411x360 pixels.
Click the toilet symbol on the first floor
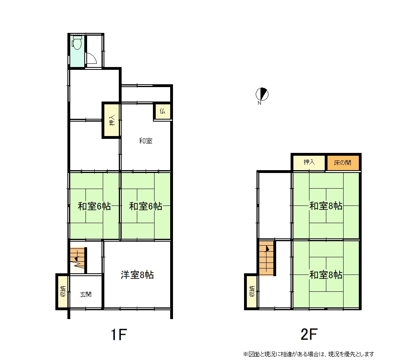click(77, 43)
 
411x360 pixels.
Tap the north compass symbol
click(262, 94)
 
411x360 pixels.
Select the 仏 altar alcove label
click(162, 111)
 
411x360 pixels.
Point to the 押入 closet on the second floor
click(309, 163)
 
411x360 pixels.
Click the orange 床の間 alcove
click(343, 163)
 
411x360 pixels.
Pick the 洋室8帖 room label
click(137, 275)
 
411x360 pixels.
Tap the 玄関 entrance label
click(86, 294)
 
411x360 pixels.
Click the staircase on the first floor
click(77, 260)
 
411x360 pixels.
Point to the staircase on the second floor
click(267, 258)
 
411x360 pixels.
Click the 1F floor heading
click(119, 334)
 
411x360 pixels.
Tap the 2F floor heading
click(309, 334)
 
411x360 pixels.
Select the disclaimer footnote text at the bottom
click(309, 354)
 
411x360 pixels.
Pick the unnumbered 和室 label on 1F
click(145, 141)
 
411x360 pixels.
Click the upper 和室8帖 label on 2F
click(326, 206)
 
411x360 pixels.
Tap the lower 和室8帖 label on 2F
click(326, 275)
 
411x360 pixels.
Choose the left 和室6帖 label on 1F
click(94, 206)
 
